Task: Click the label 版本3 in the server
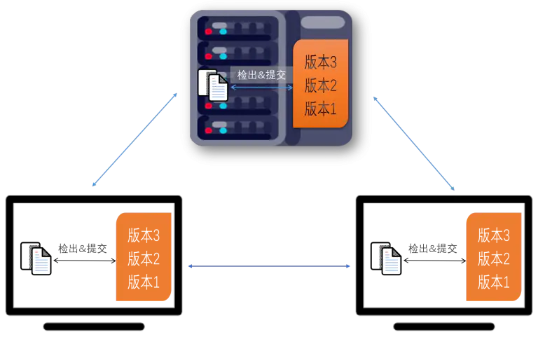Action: coord(321,62)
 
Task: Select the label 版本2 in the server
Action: coord(321,85)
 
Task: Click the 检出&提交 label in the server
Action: coord(261,75)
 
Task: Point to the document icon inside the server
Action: coord(213,86)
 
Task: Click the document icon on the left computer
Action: coord(37,258)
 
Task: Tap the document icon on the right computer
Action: coord(387,258)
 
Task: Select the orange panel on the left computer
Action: coord(143,257)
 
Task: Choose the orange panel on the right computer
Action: coord(494,257)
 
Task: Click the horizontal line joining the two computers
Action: coord(269,266)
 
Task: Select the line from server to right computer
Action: coord(415,141)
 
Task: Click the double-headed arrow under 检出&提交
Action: coord(261,88)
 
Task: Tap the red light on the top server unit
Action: coord(208,32)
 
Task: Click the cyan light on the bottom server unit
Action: coord(223,130)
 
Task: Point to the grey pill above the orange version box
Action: coord(322,22)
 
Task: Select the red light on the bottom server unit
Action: coord(208,130)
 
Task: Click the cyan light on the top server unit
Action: coord(223,32)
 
